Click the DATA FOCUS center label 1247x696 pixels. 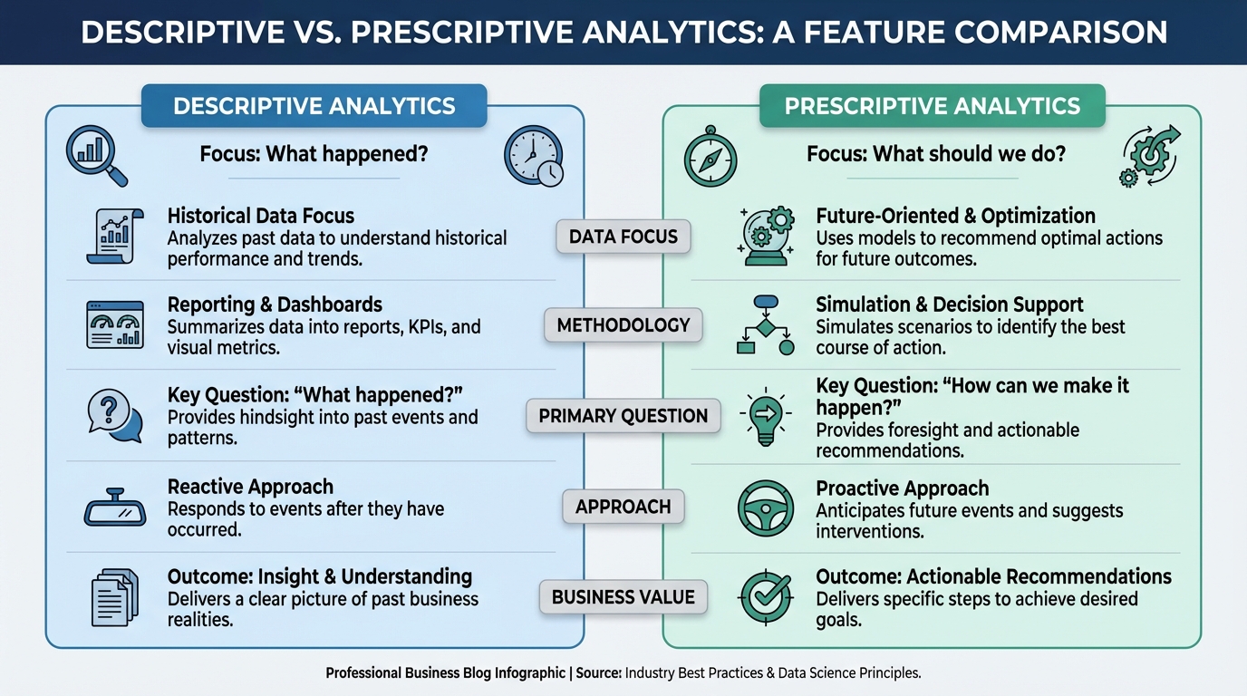[x=623, y=237]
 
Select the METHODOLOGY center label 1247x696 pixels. [x=623, y=325]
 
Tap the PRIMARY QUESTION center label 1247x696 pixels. [x=623, y=416]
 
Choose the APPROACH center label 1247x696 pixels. [x=623, y=507]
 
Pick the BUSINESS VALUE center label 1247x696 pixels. [x=623, y=597]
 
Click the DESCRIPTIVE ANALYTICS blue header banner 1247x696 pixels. [x=314, y=106]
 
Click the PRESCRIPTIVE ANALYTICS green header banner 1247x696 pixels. [x=933, y=106]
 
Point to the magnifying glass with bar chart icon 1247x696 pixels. [x=97, y=156]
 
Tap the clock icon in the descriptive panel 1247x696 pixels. [x=533, y=155]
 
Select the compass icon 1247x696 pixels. [x=710, y=157]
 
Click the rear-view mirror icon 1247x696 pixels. [x=115, y=507]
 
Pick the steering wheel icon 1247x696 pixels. [x=766, y=508]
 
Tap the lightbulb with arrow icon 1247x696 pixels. [x=766, y=416]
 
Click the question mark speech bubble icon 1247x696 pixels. [x=115, y=416]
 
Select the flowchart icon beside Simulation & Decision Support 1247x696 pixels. [x=766, y=325]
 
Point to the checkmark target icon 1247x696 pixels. [x=766, y=597]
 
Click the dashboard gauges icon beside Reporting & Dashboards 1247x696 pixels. [x=115, y=325]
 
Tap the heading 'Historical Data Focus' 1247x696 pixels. [x=260, y=216]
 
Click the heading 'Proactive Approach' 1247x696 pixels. [x=903, y=488]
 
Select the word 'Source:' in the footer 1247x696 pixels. [x=598, y=673]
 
